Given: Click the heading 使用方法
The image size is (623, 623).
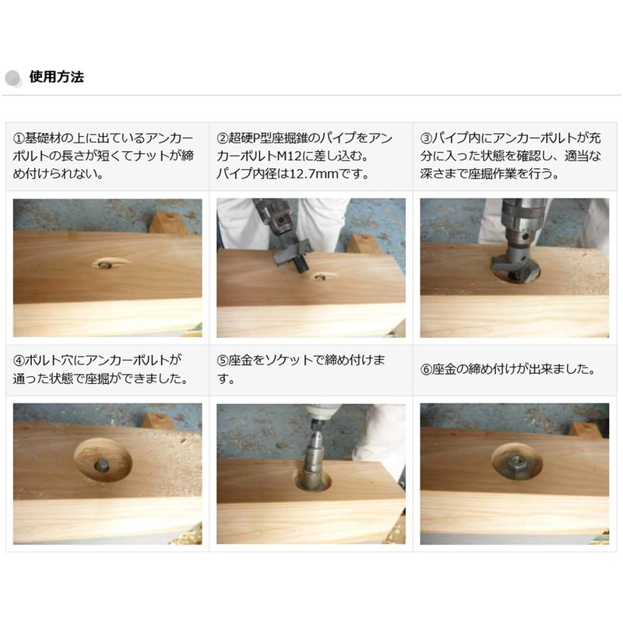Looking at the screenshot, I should pyautogui.click(x=56, y=77).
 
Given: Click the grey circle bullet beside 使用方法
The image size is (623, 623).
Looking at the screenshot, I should pyautogui.click(x=14, y=78).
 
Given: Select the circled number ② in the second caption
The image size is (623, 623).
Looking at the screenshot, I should pyautogui.click(x=223, y=139).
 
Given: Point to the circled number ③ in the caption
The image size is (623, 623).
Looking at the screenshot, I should pyautogui.click(x=427, y=139).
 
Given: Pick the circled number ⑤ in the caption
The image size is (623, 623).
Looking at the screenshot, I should pyautogui.click(x=223, y=361).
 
